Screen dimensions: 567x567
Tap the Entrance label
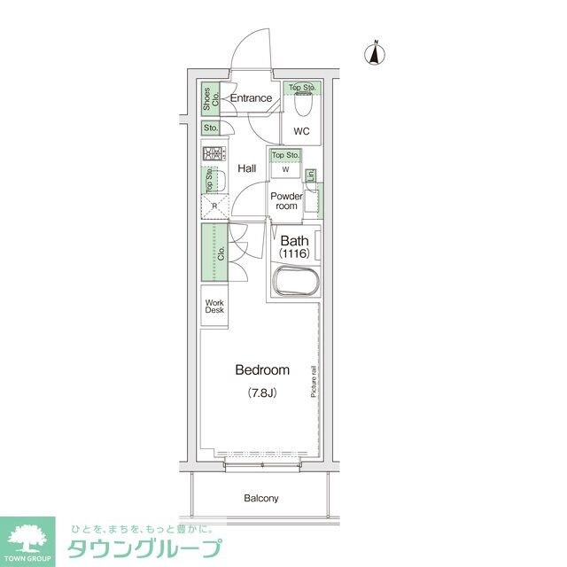pyautogui.click(x=251, y=98)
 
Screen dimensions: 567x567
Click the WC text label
pyautogui.click(x=301, y=132)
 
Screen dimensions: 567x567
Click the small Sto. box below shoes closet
pyautogui.click(x=211, y=128)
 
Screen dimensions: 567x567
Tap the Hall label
pyautogui.click(x=246, y=167)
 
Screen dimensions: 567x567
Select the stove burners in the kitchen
pyautogui.click(x=212, y=155)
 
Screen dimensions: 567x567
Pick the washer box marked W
pyautogui.click(x=285, y=170)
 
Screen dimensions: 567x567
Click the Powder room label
pyautogui.click(x=286, y=200)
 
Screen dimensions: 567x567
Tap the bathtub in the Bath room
pyautogui.click(x=295, y=284)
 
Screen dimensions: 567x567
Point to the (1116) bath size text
pyautogui.click(x=293, y=254)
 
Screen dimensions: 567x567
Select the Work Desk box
pyautogui.click(x=215, y=307)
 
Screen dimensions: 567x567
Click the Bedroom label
pyautogui.click(x=261, y=369)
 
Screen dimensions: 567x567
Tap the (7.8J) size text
pyautogui.click(x=262, y=392)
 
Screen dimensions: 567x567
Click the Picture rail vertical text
pyautogui.click(x=314, y=381)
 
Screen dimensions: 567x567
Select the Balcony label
pyautogui.click(x=261, y=498)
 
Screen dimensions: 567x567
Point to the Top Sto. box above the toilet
pyautogui.click(x=302, y=88)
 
